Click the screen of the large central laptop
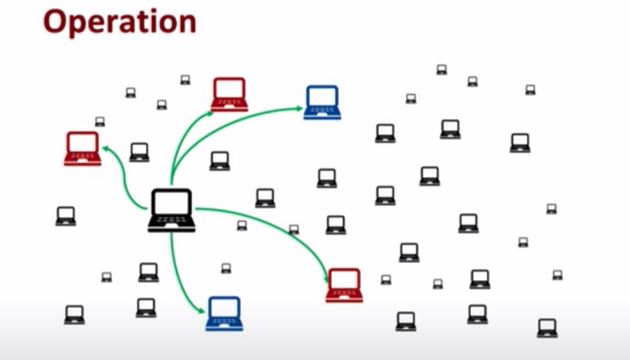[x=171, y=204]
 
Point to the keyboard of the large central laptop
[x=171, y=222]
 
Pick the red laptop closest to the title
[x=229, y=94]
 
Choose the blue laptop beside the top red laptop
[x=322, y=101]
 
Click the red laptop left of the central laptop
[x=82, y=148]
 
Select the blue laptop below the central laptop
[x=224, y=313]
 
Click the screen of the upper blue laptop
[x=322, y=97]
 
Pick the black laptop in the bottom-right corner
[x=547, y=327]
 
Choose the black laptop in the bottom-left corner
[x=74, y=314]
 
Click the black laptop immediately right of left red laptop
[x=139, y=152]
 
